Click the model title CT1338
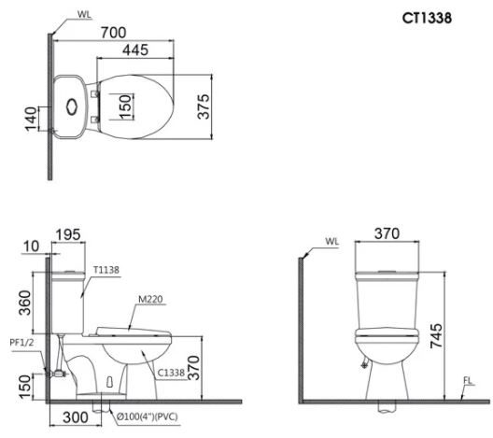tap(427, 18)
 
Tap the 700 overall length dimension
tap(114, 33)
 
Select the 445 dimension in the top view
tap(135, 50)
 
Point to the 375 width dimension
tap(204, 106)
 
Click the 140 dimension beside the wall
tap(31, 119)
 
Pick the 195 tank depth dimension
tap(68, 234)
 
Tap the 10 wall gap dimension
tap(31, 247)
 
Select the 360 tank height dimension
tap(25, 303)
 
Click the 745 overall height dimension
tap(436, 335)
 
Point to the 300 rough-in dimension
tap(76, 417)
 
